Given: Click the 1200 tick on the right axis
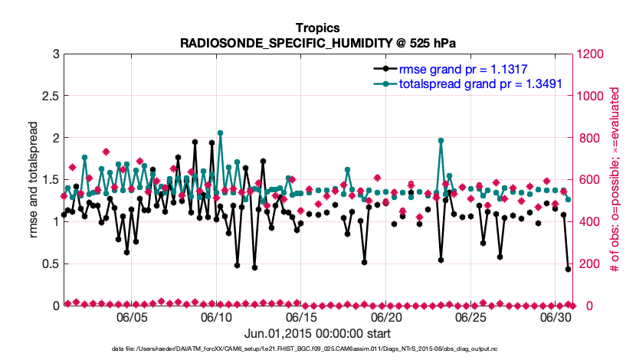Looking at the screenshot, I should coord(592,54).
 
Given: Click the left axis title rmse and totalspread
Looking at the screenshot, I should coord(33,180).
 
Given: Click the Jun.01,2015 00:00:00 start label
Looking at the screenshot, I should coord(318,333).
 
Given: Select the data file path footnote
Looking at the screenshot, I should coord(318,349).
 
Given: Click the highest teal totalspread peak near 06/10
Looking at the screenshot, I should coord(221,133).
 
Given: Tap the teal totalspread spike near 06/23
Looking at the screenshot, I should coord(441,140).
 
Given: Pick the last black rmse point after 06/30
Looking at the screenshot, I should coord(568,269).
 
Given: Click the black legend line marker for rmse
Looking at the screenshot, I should coord(386,68).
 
